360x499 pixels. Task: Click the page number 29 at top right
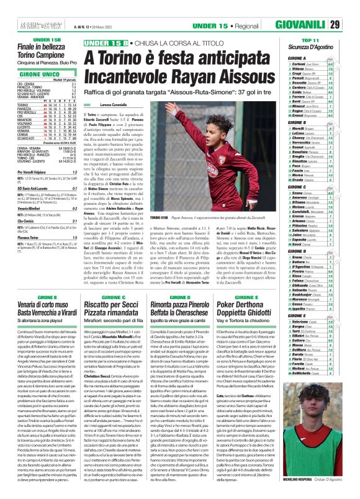(351, 7)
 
